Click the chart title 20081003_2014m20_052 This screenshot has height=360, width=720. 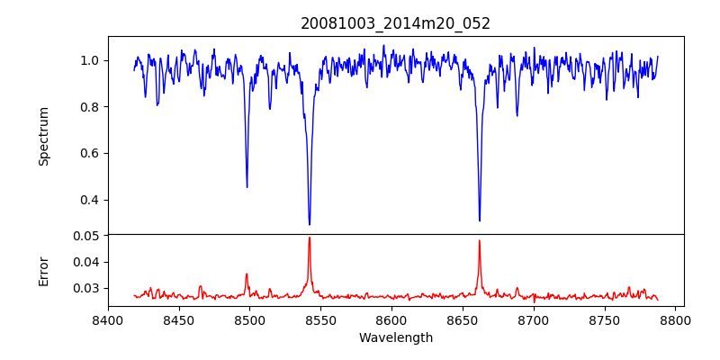click(395, 23)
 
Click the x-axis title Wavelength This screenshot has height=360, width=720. click(395, 338)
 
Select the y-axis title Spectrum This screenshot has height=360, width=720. click(44, 136)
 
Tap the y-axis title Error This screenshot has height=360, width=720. click(44, 271)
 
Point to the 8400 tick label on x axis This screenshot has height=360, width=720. click(108, 319)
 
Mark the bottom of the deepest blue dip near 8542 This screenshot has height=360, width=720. click(310, 224)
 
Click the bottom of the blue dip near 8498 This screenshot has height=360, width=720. click(247, 186)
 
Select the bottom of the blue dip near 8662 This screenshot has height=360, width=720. click(480, 220)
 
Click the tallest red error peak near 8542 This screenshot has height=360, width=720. click(310, 238)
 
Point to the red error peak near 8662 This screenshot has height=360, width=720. click(480, 240)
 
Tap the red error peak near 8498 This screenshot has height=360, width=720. click(247, 274)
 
